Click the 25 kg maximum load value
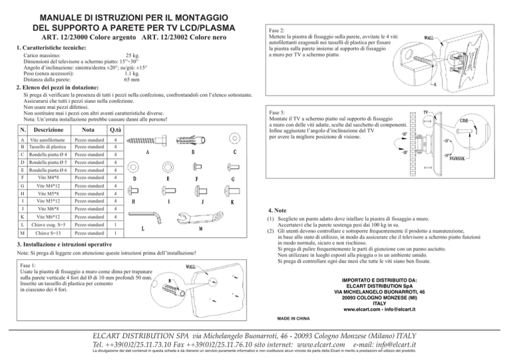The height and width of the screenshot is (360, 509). click(133, 56)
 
